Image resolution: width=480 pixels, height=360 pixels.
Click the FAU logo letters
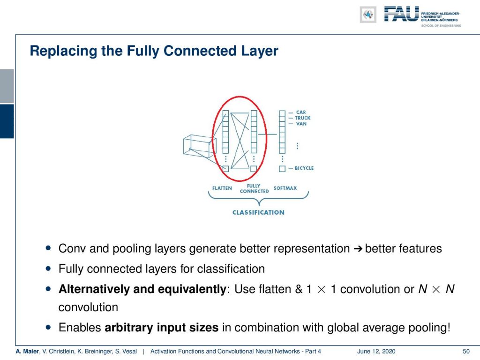tap(401, 14)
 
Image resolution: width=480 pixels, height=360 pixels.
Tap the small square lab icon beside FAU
tap(368, 15)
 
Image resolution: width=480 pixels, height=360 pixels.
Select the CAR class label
tap(301, 112)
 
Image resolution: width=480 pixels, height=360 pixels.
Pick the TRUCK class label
tap(303, 118)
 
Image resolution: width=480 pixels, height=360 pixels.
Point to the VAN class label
tap(301, 124)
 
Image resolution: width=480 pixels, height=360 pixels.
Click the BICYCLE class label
tap(304, 168)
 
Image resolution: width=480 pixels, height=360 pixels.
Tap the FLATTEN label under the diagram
tap(222, 188)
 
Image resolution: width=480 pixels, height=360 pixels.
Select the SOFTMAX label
tap(285, 188)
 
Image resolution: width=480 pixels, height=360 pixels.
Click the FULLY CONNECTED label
tap(254, 188)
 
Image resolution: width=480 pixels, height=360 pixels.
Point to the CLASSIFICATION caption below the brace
tap(258, 212)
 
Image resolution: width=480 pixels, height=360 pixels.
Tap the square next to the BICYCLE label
tap(282, 169)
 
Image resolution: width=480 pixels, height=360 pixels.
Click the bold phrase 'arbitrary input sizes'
tap(162, 328)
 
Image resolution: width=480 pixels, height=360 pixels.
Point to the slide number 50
tap(466, 352)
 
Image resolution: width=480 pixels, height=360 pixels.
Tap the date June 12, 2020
tap(376, 352)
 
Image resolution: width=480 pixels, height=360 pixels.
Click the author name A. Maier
tap(27, 352)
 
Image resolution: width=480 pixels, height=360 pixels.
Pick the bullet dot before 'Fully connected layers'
tap(48, 269)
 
